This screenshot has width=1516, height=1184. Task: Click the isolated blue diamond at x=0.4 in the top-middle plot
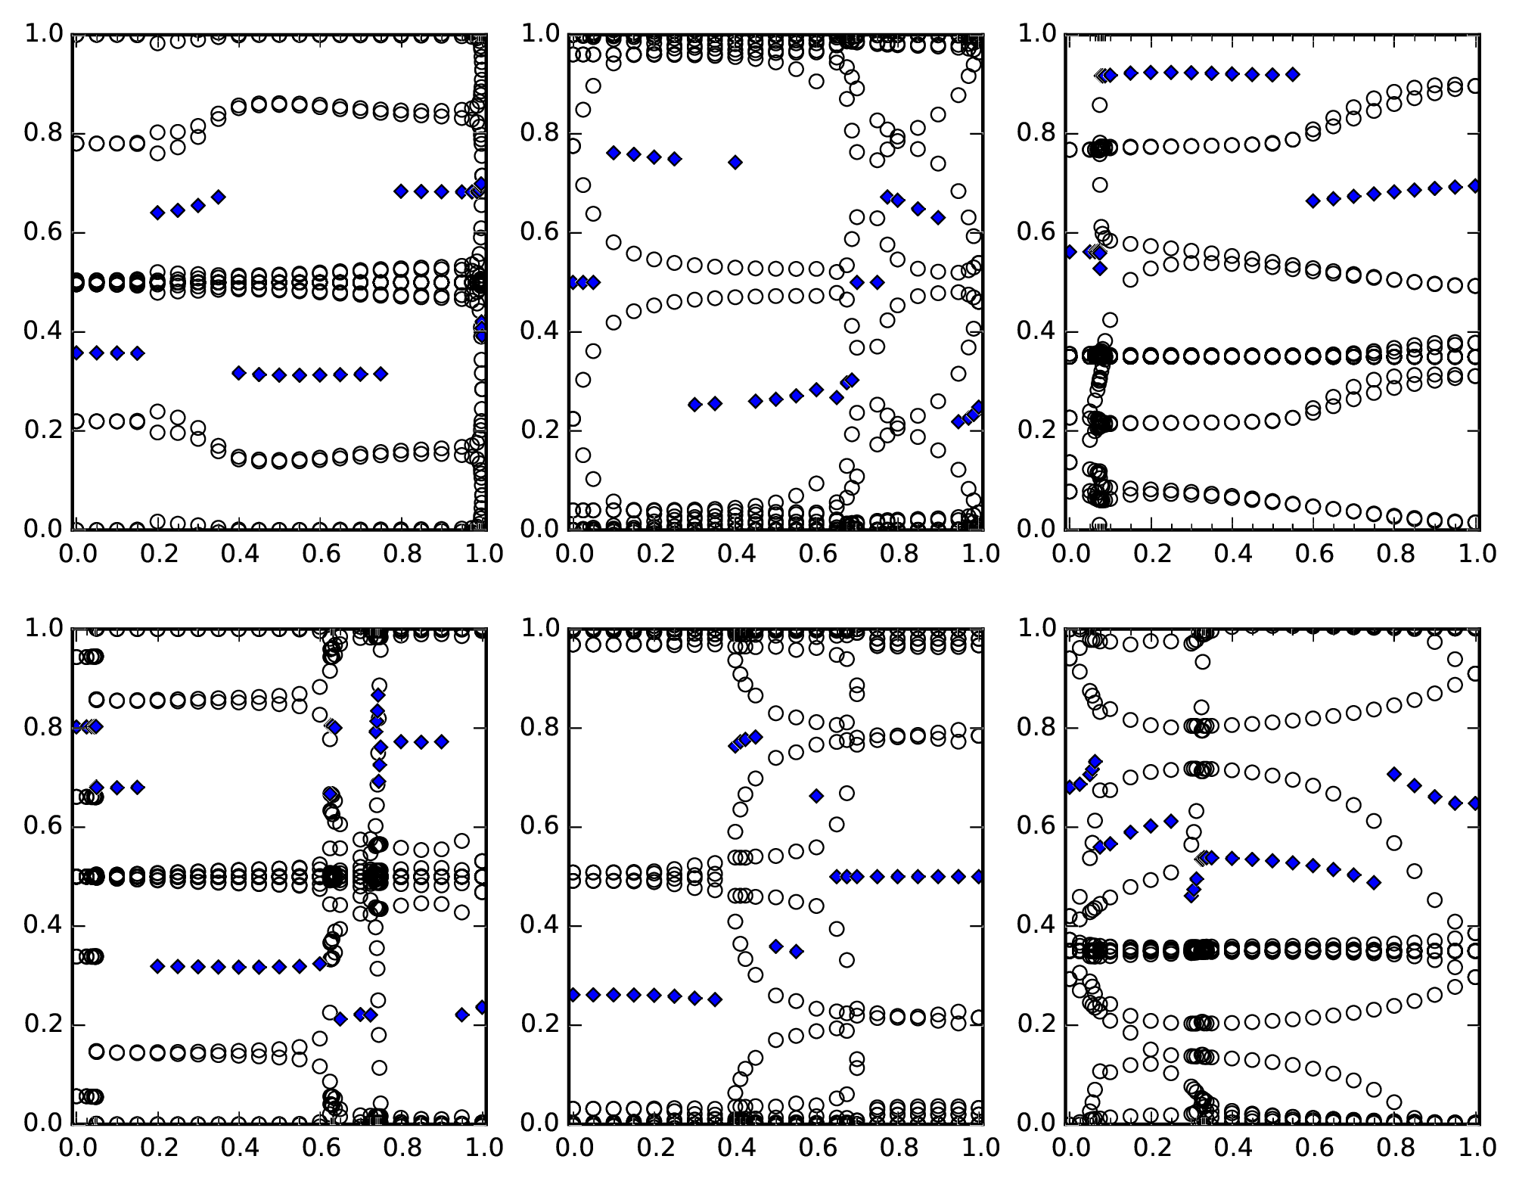tap(735, 162)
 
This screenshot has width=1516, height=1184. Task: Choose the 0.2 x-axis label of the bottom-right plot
tap(1151, 1148)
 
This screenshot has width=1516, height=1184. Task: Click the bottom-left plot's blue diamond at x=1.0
tap(481, 1007)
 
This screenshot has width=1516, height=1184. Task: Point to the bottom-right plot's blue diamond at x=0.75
tap(1374, 882)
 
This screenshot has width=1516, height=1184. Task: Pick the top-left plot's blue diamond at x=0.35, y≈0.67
tap(219, 197)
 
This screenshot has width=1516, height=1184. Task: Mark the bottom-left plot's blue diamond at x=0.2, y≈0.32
tap(157, 966)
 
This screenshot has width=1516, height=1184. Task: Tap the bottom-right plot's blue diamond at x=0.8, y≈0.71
tap(1394, 773)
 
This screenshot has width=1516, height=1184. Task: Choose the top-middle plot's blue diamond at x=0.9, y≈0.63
tap(938, 217)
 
